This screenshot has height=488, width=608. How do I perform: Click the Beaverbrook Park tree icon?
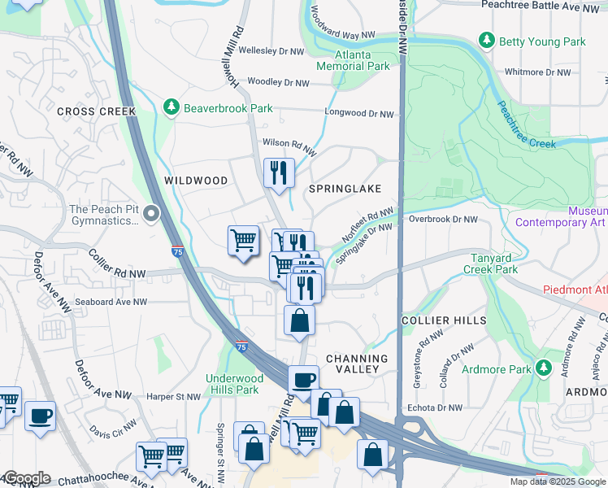(171, 107)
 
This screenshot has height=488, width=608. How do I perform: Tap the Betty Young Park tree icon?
(487, 40)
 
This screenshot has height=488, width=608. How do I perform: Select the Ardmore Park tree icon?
(542, 369)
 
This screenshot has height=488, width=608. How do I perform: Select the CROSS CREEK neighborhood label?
(96, 111)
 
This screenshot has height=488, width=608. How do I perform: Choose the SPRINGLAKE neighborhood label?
(345, 189)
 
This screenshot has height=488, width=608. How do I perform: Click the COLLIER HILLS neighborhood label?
(445, 321)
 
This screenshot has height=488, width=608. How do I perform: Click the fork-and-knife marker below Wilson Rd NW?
(279, 172)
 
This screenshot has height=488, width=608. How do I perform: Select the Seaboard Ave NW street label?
(111, 302)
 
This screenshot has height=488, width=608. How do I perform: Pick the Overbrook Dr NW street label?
(443, 219)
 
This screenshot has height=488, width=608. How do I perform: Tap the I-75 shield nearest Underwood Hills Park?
(241, 346)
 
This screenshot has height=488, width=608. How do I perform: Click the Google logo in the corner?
(26, 478)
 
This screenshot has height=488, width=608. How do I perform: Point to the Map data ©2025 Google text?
(558, 481)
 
